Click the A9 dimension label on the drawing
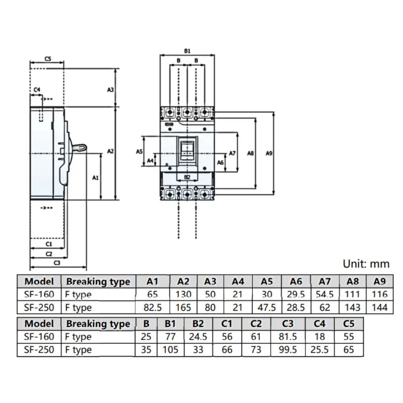(x=270, y=153)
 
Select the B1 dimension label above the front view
(x=187, y=51)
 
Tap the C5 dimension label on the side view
(x=48, y=59)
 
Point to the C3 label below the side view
(x=57, y=262)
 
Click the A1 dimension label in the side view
(x=96, y=177)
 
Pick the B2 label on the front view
(x=187, y=177)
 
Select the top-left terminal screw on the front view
(x=170, y=111)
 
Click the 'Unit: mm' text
(x=366, y=264)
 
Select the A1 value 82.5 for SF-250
(x=153, y=308)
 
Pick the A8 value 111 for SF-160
(x=353, y=295)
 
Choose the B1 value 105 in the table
(x=170, y=350)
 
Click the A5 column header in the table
(x=267, y=281)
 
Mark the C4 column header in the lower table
(x=320, y=324)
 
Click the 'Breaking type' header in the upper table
(x=98, y=281)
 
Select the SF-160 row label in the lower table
(x=39, y=337)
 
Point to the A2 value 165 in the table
(x=183, y=308)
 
